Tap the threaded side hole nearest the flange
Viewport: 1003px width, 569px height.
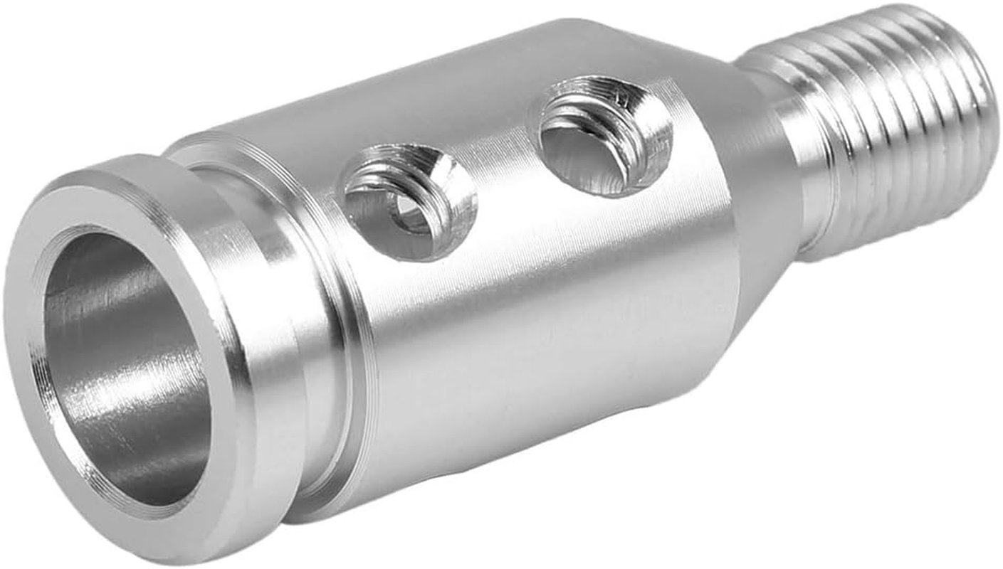point(409,203)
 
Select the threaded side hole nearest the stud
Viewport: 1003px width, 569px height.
point(605,135)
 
